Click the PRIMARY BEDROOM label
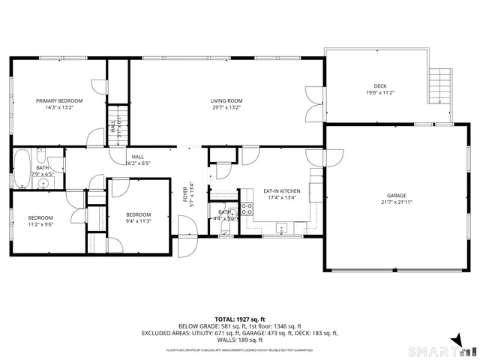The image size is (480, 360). [60, 100]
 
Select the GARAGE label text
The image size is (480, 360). [396, 196]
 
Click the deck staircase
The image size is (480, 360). [440, 85]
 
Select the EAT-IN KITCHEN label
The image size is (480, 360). [282, 191]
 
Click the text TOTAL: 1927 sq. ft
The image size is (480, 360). [239, 319]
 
